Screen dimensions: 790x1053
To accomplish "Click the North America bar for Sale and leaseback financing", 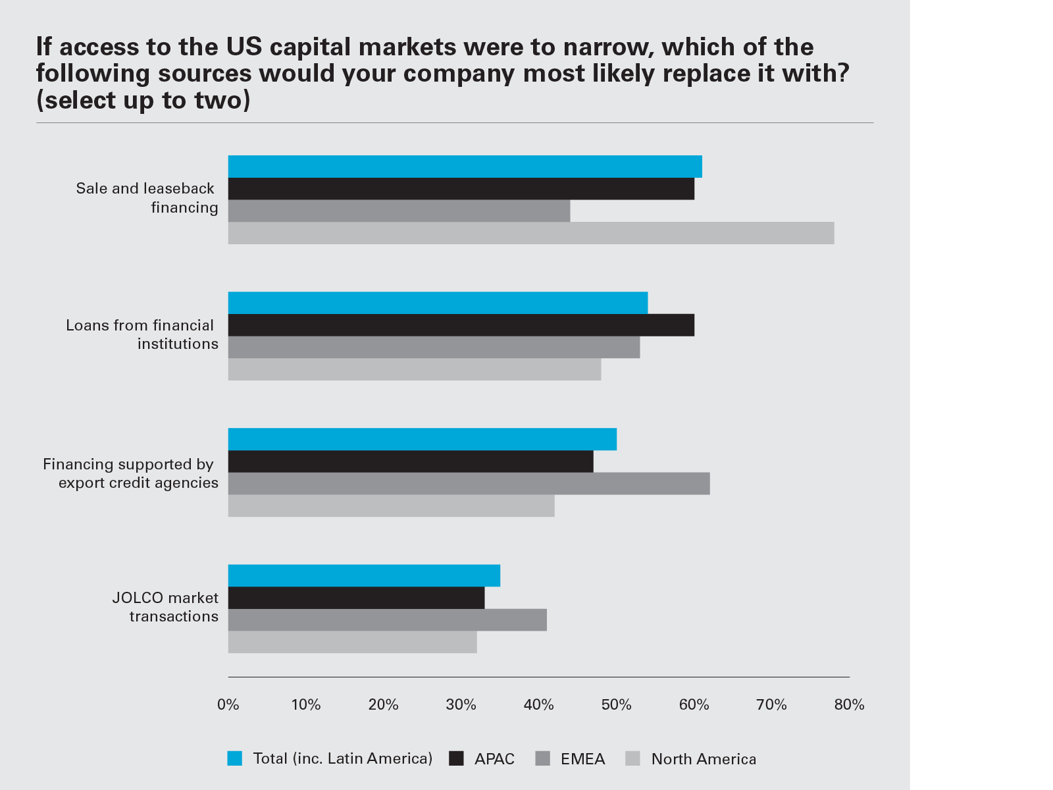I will click(x=530, y=233).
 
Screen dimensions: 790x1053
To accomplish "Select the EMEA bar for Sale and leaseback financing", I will click(x=399, y=211).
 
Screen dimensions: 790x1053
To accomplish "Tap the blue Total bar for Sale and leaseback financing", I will click(x=465, y=167).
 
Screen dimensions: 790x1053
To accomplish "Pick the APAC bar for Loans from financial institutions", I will click(x=461, y=325).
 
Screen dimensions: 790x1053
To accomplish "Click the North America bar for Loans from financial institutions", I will click(x=415, y=369).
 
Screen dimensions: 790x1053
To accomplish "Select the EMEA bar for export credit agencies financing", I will click(x=469, y=483).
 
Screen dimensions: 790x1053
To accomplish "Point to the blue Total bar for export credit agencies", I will click(x=422, y=439).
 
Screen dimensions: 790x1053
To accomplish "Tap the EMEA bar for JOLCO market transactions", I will click(x=387, y=620).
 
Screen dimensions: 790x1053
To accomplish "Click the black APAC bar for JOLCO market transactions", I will click(x=356, y=598).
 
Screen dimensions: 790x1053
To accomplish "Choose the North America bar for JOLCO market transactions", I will click(x=352, y=642).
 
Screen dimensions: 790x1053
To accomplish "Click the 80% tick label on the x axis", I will click(x=849, y=705).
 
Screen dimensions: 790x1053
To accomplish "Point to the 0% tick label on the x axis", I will click(x=228, y=705).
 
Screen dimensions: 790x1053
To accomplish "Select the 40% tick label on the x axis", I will click(x=538, y=705).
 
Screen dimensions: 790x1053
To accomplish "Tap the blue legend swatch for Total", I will click(x=235, y=758).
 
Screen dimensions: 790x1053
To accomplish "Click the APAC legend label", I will click(x=494, y=759).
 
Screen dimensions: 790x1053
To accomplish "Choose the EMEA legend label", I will click(x=582, y=759).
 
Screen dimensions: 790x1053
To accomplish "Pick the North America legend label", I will click(x=704, y=759).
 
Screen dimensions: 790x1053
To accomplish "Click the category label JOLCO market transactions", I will click(x=166, y=607).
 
